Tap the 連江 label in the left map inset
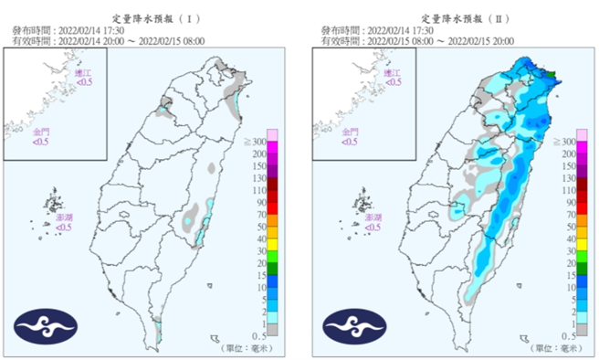[83, 72]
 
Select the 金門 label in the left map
[42, 132]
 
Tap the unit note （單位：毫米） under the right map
[558, 348]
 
